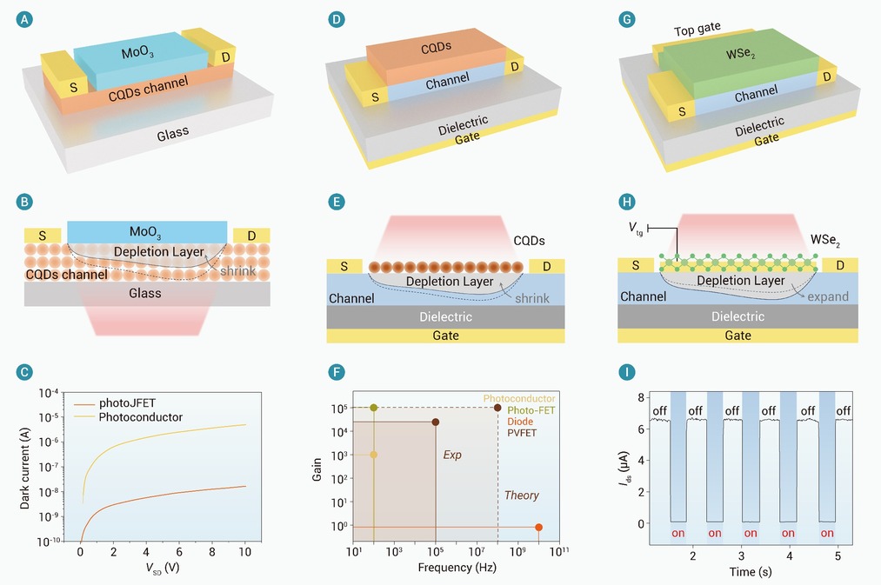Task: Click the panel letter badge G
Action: (x=626, y=20)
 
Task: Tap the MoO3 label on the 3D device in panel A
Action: (x=137, y=53)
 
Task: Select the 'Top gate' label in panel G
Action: (x=697, y=30)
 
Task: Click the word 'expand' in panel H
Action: (x=828, y=296)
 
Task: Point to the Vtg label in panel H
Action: (x=636, y=228)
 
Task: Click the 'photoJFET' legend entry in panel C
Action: (x=127, y=403)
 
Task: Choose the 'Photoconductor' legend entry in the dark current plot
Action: (x=141, y=417)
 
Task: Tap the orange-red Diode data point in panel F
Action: (x=539, y=527)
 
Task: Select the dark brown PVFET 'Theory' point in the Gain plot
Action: (x=497, y=408)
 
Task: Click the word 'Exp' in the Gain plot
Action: (x=452, y=455)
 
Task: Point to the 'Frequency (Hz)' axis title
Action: (x=457, y=568)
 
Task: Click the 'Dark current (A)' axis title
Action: (x=24, y=469)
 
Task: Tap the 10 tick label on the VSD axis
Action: (x=245, y=552)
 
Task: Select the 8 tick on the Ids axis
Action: (x=640, y=398)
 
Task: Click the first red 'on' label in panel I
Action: (x=678, y=534)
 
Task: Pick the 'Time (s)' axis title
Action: (x=750, y=572)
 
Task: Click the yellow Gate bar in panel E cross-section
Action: (x=445, y=336)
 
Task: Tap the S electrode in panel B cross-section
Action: (x=43, y=236)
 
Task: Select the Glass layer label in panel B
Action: (x=145, y=293)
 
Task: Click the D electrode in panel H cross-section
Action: (x=840, y=265)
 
